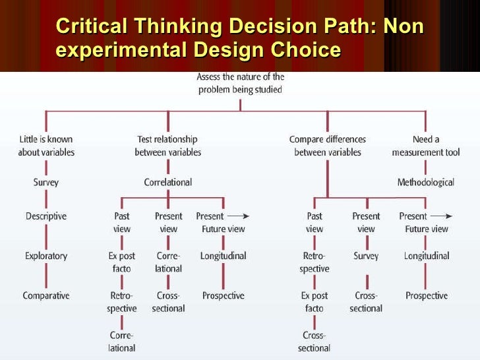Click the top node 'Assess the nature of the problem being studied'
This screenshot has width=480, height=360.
(241, 84)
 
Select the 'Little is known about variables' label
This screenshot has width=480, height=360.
(46, 146)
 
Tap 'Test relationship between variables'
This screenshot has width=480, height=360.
(167, 146)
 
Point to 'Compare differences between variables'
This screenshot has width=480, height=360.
(328, 146)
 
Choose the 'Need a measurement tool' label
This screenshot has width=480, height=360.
(425, 146)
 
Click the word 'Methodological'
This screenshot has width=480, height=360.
(425, 182)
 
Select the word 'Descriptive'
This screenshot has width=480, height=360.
(46, 216)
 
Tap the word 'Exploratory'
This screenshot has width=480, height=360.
(46, 256)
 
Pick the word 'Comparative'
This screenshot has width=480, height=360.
(46, 295)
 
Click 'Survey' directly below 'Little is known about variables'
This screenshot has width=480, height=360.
(46, 182)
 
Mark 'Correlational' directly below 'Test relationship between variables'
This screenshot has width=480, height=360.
(168, 182)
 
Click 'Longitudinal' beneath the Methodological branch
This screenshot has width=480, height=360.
(427, 256)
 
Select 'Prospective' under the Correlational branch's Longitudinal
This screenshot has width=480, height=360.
(223, 295)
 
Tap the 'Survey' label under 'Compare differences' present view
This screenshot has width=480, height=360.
(366, 256)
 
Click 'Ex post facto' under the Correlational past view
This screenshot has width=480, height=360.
(122, 262)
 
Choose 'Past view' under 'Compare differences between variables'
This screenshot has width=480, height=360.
(315, 222)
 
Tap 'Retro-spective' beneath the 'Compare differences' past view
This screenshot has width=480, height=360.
(315, 262)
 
